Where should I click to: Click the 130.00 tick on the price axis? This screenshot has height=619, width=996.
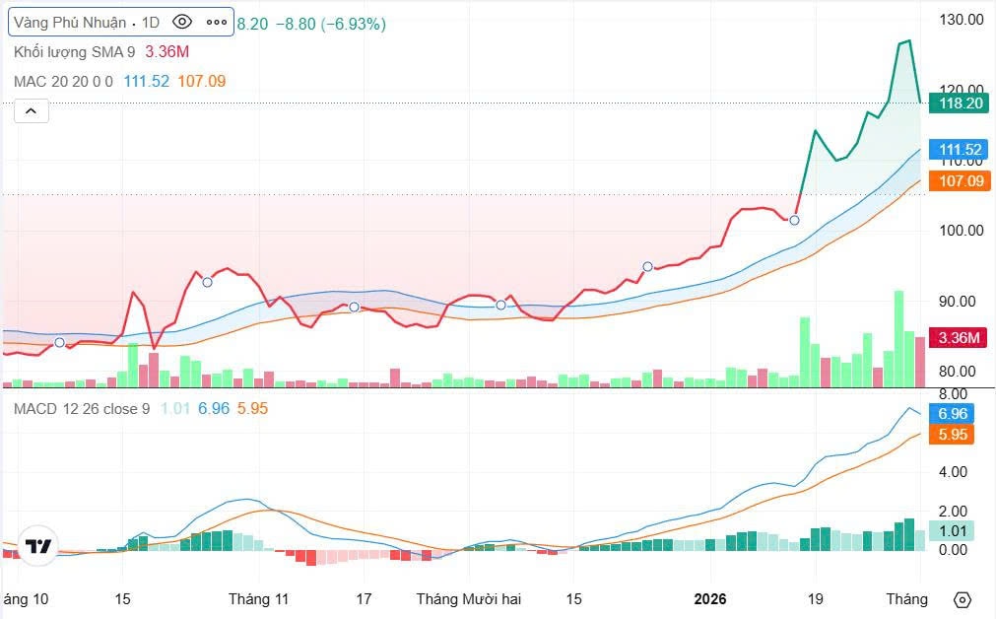pos(961,19)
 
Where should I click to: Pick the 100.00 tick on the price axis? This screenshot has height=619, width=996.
pos(961,231)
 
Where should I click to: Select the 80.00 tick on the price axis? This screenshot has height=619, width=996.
pos(961,372)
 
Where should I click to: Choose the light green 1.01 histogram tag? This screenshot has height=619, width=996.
pos(952,530)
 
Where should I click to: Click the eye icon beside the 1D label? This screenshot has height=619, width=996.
pos(181,22)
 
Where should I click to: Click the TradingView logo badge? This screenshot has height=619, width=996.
pos(38,546)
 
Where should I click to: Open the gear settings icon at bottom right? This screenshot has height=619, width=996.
pos(963,599)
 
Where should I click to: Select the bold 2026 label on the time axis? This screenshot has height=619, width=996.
pos(709,599)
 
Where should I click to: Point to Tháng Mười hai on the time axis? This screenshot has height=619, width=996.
pos(468,599)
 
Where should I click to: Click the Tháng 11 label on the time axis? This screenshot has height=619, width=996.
pos(258,599)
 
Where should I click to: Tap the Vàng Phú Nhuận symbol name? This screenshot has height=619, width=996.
pos(70,22)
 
